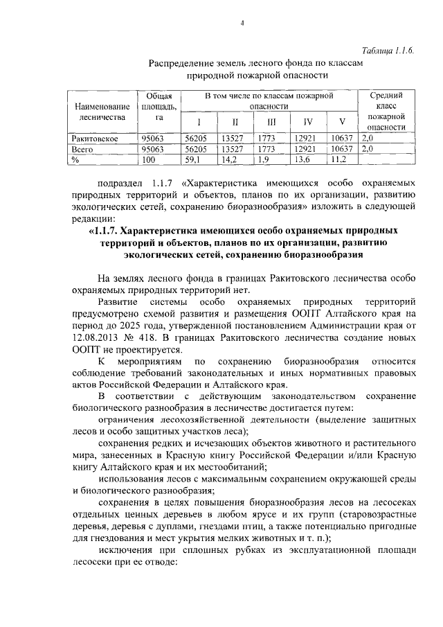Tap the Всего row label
82,149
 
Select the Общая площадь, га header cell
157,107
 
